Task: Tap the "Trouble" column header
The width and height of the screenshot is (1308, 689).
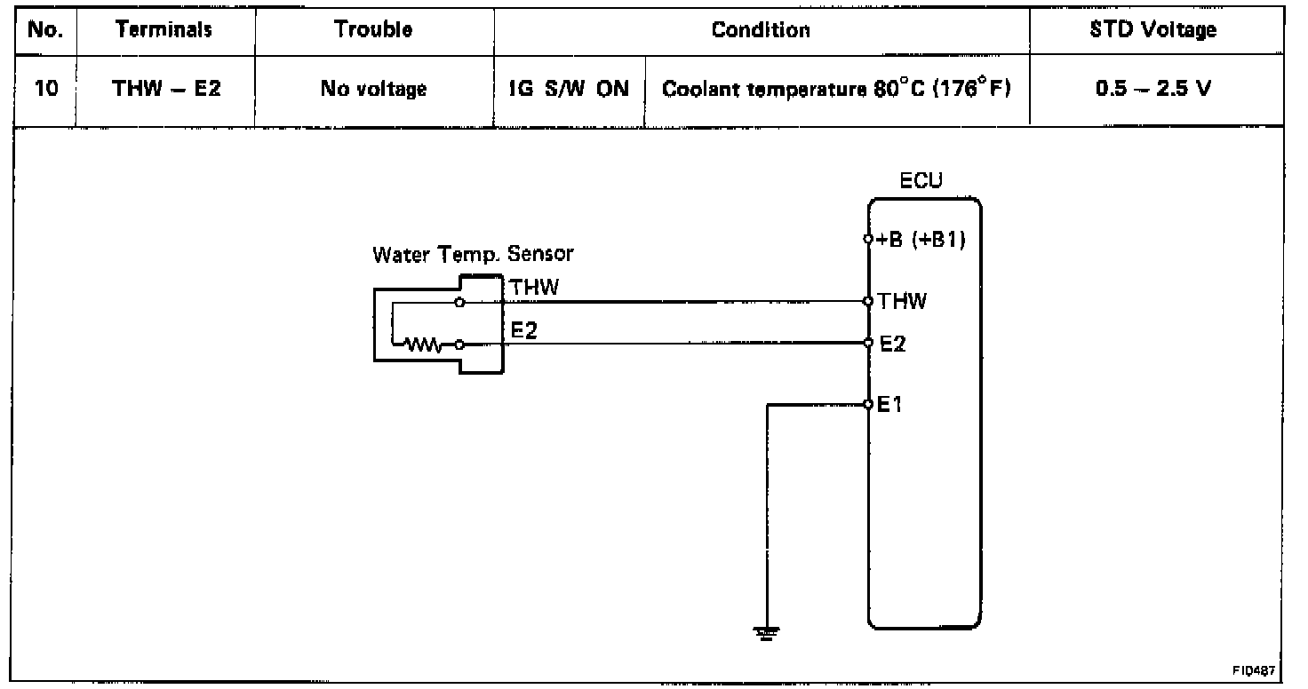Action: [373, 30]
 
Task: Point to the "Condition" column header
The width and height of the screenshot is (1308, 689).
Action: [761, 30]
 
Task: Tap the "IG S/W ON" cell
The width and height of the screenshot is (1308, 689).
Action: [570, 89]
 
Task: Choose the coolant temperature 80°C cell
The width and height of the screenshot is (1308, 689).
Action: [838, 89]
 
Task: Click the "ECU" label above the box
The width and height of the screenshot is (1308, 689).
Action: [921, 182]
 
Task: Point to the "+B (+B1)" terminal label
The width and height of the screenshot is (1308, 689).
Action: [921, 240]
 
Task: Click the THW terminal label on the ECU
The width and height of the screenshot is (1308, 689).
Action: [902, 302]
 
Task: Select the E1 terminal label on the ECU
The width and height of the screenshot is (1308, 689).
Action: [890, 405]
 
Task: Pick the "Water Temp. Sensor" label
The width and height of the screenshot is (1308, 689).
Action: [473, 254]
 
